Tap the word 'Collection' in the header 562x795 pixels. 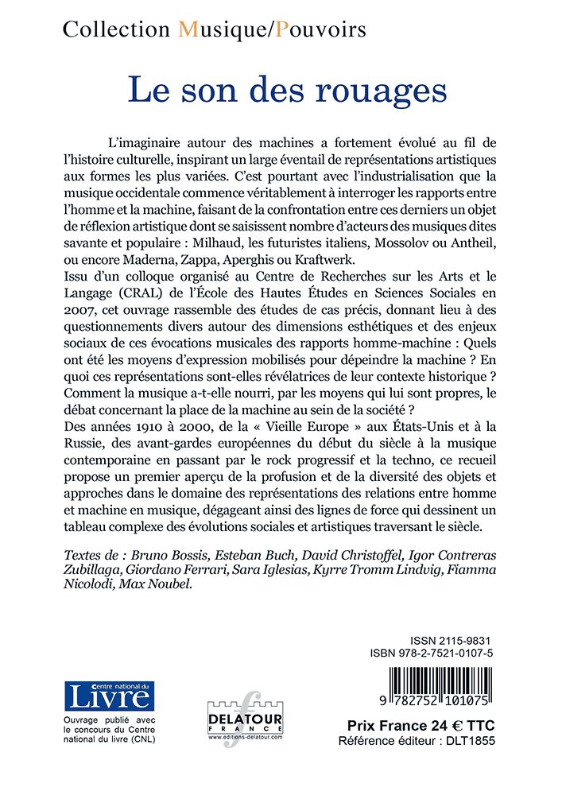116,30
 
